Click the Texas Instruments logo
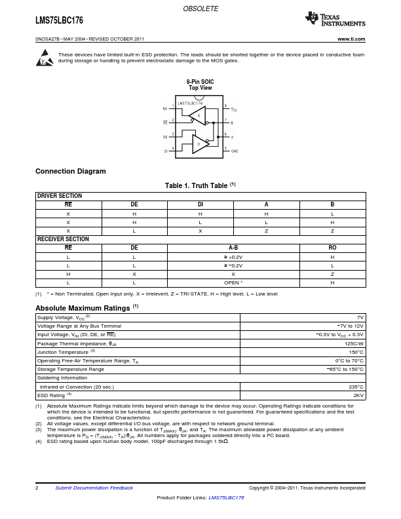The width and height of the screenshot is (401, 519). point(335,19)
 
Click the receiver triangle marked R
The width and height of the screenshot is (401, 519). point(198,116)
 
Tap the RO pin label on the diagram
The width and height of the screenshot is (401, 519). point(165,109)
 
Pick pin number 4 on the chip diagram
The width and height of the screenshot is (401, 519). point(173,148)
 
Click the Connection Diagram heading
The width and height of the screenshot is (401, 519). point(71,172)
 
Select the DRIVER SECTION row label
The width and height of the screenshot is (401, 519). point(59,196)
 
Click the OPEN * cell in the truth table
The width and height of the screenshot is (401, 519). point(233,282)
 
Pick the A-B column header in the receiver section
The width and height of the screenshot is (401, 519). point(233,248)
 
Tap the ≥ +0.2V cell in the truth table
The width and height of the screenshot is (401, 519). point(233,257)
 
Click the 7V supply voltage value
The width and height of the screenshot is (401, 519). point(360,317)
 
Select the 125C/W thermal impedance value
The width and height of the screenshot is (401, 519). point(354,343)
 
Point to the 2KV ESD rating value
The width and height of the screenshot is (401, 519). point(358,395)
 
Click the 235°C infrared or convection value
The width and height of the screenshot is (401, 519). point(356,387)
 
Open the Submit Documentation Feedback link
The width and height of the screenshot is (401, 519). point(94,488)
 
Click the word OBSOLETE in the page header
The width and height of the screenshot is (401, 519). point(200,9)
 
